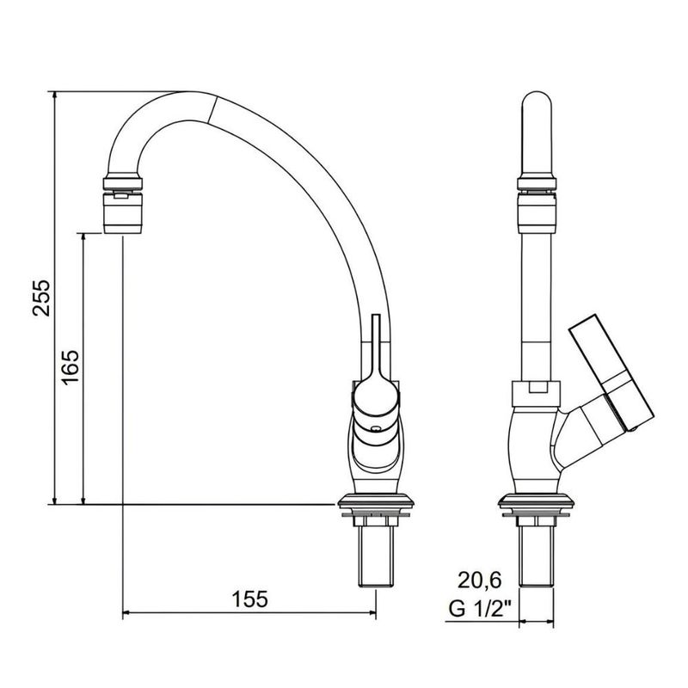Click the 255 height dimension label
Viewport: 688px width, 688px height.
43,298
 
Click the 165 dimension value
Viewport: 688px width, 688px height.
71,367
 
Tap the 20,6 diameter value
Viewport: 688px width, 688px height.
480,580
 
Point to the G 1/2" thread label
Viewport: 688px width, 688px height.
481,609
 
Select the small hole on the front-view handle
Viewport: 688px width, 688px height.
376,427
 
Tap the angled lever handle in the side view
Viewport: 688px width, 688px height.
611,372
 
